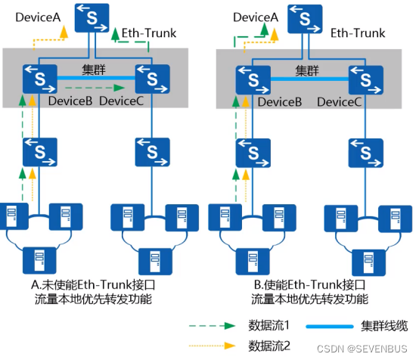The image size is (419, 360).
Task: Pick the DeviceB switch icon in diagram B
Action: [254, 78]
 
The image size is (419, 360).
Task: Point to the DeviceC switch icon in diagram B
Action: [365, 78]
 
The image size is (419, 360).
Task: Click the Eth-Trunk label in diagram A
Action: [147, 33]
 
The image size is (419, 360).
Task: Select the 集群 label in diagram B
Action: [306, 70]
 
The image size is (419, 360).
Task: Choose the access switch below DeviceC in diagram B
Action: [365, 152]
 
